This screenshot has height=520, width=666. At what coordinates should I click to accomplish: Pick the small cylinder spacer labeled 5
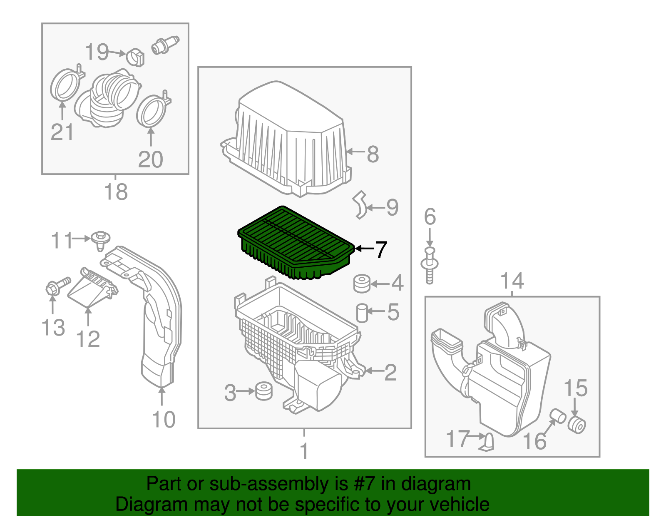(x=362, y=313)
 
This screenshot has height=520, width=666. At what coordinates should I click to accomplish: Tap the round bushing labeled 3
(x=263, y=391)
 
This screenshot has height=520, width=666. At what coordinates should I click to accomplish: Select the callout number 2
(x=390, y=372)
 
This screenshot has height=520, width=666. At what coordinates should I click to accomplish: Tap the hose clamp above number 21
(x=65, y=86)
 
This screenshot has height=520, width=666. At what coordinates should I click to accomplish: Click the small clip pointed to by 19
(x=135, y=56)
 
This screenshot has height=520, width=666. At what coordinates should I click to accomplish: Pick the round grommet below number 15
(x=577, y=425)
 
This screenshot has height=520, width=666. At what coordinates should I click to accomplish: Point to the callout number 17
(x=457, y=439)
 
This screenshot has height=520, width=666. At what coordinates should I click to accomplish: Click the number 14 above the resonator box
(x=512, y=281)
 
